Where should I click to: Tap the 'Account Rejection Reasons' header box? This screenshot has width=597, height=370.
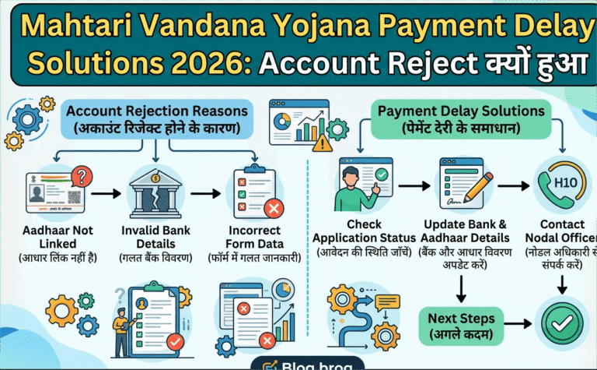point(158,118)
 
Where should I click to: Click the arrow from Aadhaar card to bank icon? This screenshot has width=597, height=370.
point(107,192)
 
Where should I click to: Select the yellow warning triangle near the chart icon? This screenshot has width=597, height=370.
point(319,143)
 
